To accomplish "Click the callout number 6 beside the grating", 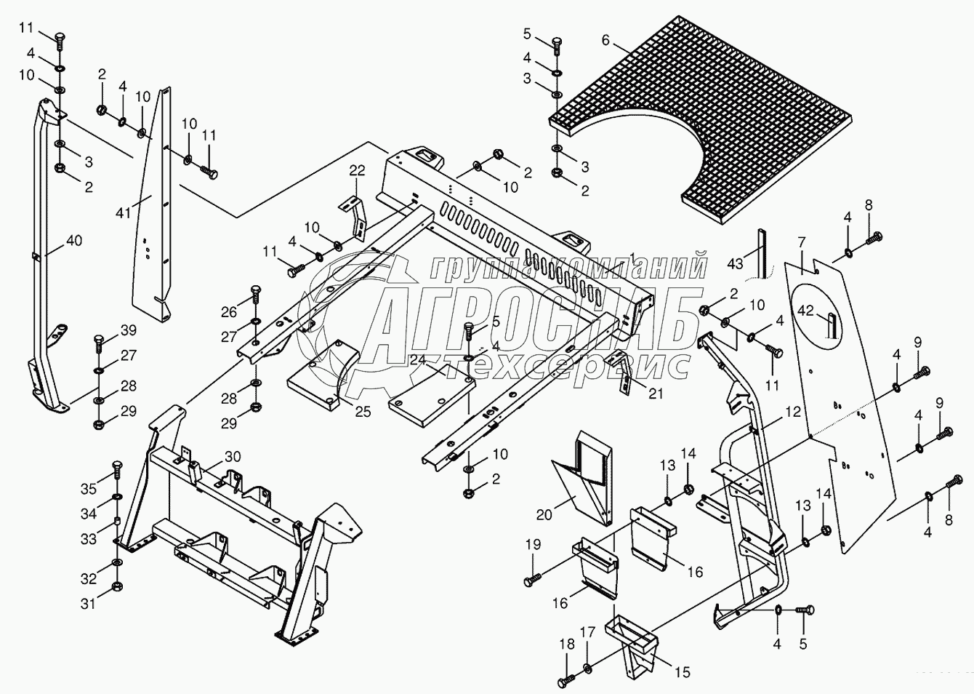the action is tap(605, 41).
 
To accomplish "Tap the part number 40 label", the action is tap(74, 240).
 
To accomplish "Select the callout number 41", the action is tap(123, 213).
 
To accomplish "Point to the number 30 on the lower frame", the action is tap(233, 456).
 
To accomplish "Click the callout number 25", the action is tap(363, 411).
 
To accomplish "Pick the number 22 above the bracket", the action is tap(358, 170).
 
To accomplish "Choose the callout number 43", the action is tap(736, 263).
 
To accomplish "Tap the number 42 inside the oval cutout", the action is tap(805, 311).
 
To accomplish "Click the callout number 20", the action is tap(544, 515).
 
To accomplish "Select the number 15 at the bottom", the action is tap(683, 672).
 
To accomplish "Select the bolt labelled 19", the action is tap(532, 579).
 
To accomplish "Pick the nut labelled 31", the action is tap(117, 587).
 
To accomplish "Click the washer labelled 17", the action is tap(587, 666).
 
